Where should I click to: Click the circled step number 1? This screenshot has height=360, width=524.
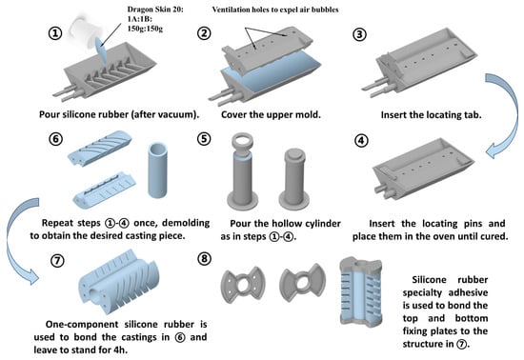55,33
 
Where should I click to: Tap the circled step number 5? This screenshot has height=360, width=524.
204,139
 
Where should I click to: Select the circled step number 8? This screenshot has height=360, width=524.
204,259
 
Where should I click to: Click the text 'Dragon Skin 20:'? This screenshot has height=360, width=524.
155,10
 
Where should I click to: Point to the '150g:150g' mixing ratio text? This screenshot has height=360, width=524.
145,29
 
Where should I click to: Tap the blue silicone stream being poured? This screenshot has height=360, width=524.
102,50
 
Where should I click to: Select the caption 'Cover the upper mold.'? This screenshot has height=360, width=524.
271,114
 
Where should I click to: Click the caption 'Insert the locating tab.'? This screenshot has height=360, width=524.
431,114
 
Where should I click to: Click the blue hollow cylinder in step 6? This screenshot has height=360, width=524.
157,170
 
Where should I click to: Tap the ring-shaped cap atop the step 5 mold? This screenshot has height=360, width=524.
242,141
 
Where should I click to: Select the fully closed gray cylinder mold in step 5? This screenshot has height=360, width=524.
294,180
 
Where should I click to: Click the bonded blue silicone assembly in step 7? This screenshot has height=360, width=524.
119,282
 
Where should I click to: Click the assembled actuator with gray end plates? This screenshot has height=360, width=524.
361,291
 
